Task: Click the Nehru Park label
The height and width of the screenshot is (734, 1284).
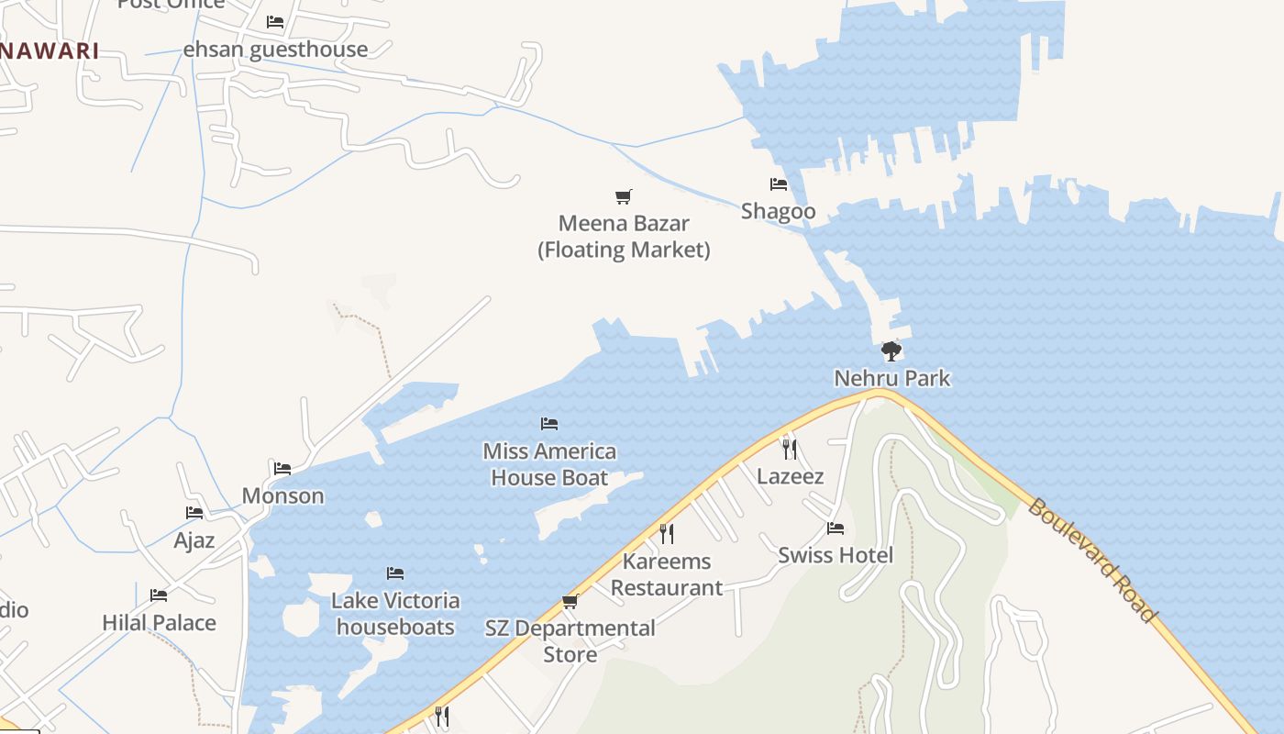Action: [x=891, y=378]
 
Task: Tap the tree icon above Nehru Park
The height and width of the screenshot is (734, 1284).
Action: [x=891, y=350]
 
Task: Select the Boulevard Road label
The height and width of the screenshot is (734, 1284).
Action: [x=1091, y=560]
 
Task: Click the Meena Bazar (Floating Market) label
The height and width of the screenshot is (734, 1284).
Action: [x=624, y=237]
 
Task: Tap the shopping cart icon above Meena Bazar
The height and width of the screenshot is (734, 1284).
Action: [x=624, y=196]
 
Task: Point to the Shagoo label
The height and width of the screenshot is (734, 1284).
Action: [x=778, y=211]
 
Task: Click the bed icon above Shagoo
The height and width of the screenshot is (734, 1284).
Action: [x=779, y=184]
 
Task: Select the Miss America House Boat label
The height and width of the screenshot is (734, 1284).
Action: [x=549, y=464]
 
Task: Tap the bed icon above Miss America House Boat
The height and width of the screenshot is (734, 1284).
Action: [x=549, y=423]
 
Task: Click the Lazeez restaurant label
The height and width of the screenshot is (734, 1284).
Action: [x=790, y=476]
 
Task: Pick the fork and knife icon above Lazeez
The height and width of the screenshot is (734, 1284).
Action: [x=789, y=449]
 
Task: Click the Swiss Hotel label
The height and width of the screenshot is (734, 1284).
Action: [x=836, y=555]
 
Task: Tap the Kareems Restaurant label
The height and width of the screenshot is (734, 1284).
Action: [x=667, y=574]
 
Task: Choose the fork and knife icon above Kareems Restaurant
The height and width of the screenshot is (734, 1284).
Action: [x=667, y=533]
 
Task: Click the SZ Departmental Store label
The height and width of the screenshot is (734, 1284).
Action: [x=570, y=641]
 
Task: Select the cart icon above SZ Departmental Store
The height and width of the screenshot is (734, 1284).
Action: [x=570, y=602]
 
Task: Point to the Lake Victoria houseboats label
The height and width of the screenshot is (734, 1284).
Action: [x=395, y=614]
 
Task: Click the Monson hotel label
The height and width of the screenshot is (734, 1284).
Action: [x=282, y=495]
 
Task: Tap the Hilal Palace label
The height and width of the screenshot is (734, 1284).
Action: [x=159, y=622]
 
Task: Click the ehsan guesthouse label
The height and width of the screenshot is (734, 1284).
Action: [x=275, y=50]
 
